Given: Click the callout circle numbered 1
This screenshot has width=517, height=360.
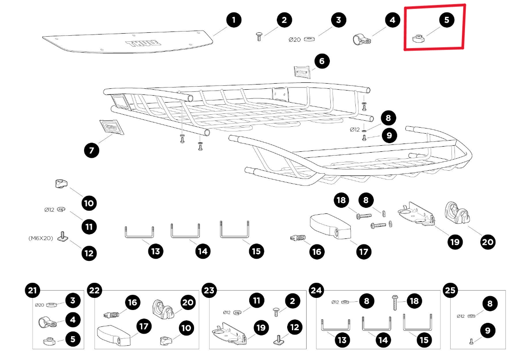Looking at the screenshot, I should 233,20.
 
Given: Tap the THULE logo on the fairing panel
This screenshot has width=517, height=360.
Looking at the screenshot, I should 143,44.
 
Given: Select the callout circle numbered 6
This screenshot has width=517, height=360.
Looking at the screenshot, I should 322,61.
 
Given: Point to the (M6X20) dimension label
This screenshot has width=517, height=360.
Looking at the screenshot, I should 41,238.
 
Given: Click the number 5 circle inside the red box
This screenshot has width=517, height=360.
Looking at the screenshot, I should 446,20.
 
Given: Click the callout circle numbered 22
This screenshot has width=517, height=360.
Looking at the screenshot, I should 94,291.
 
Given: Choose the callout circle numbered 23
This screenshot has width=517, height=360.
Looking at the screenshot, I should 209,291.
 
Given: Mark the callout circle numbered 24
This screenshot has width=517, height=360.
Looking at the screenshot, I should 316,291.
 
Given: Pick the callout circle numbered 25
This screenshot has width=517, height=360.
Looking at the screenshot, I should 450,291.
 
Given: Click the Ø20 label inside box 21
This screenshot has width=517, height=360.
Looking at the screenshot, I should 40,305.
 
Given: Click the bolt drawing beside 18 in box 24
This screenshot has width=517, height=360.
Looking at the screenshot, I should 395,303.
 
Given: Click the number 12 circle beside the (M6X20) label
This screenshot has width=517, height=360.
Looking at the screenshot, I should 89,253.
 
